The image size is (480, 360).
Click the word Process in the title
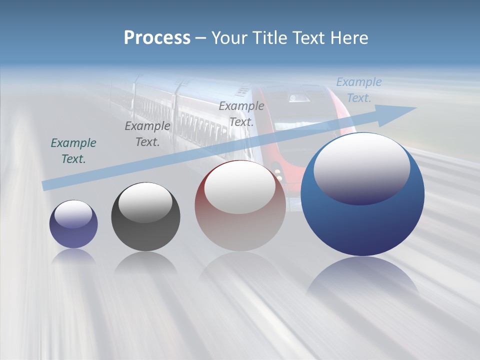(x=157, y=38)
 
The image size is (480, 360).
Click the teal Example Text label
(x=73, y=151)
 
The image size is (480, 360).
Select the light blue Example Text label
(x=358, y=90)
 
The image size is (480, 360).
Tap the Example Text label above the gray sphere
(x=147, y=134)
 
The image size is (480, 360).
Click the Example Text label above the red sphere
(x=241, y=114)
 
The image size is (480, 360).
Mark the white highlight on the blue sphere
(x=361, y=167)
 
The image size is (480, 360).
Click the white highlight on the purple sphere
(x=73, y=214)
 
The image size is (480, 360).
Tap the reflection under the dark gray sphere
(x=145, y=262)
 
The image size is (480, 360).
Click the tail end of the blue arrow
(x=47, y=185)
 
